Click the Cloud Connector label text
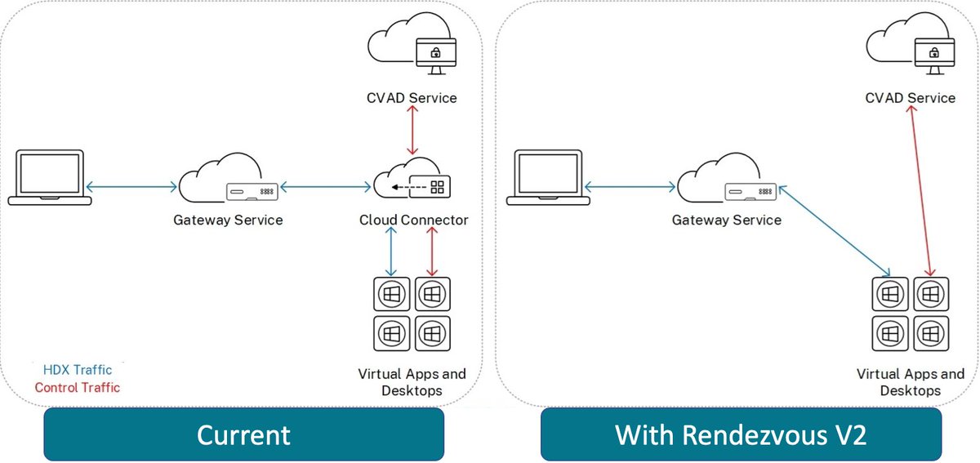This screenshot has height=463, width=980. [x=414, y=220]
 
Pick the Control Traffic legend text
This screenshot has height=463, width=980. [x=77, y=387]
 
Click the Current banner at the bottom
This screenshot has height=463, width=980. [x=243, y=434]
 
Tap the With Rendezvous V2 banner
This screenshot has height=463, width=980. [x=741, y=434]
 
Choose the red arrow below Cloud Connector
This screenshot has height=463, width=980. [x=432, y=253]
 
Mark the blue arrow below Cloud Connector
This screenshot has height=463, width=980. [x=393, y=253]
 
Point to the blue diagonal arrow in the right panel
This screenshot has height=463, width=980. [x=835, y=231]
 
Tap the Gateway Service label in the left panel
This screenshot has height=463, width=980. [x=228, y=220]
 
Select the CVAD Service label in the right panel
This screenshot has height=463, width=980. [x=911, y=98]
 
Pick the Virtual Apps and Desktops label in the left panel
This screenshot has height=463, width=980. [x=412, y=382]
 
